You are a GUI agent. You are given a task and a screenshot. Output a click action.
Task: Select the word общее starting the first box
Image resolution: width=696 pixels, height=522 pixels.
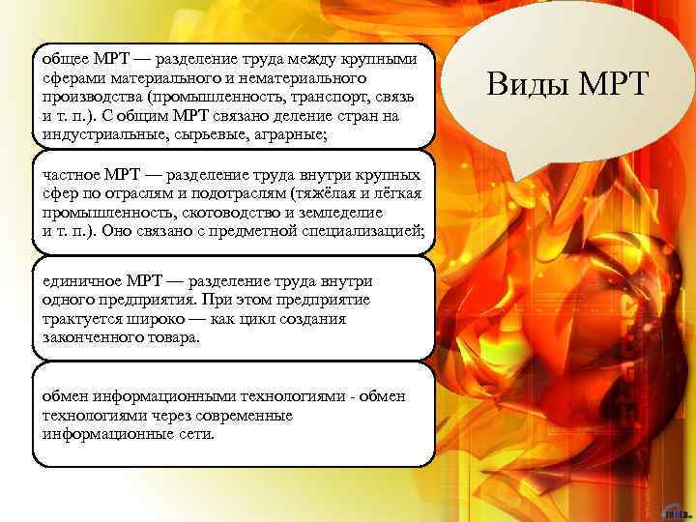click(64, 58)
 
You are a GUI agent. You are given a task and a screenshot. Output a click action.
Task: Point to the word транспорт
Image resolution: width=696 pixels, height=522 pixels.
click(325, 97)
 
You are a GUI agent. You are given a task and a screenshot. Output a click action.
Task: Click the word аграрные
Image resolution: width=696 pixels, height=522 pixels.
click(291, 135)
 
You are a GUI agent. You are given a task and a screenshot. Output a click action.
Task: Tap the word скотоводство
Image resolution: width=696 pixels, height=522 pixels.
click(213, 213)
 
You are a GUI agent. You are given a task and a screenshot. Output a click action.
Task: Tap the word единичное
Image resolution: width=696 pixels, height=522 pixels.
click(81, 281)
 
